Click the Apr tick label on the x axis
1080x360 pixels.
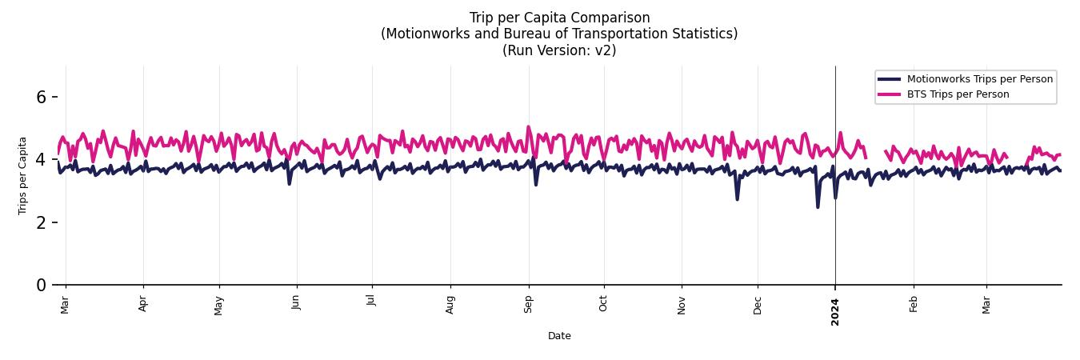click(x=143, y=304)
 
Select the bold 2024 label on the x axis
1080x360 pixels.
click(x=835, y=311)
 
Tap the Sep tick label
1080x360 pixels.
click(x=528, y=304)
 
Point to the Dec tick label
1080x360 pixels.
click(x=758, y=305)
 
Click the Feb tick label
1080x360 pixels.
click(x=914, y=304)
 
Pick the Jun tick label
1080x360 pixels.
click(x=296, y=302)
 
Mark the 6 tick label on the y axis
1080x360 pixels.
click(x=41, y=98)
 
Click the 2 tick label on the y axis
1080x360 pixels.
click(x=41, y=222)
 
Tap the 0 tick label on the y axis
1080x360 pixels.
click(x=41, y=285)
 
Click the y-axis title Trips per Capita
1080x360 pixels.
click(x=22, y=175)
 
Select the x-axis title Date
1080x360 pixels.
click(x=559, y=336)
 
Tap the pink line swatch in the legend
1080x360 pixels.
click(x=889, y=94)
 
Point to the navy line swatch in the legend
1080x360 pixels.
click(x=889, y=78)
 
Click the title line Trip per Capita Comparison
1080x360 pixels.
click(x=559, y=18)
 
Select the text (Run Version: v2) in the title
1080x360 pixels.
click(x=559, y=50)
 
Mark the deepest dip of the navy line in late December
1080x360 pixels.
click(x=818, y=207)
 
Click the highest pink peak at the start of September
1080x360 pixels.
click(x=528, y=126)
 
